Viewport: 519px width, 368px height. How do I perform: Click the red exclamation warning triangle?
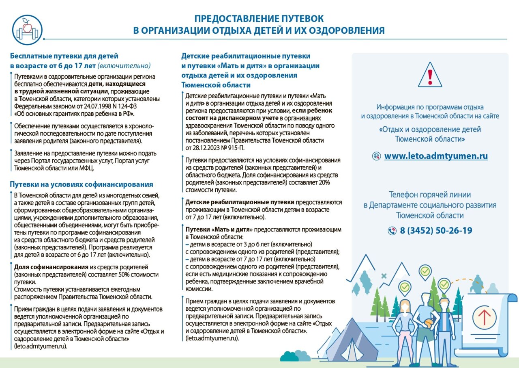click(430, 74)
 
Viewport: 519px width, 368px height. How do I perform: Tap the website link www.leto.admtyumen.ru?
click(436, 156)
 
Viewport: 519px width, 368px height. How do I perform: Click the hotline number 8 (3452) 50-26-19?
click(436, 231)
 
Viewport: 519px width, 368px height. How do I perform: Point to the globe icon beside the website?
click(377, 156)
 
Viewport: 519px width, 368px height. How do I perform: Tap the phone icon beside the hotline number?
click(392, 231)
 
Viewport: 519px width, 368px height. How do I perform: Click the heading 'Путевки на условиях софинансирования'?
click(81, 184)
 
